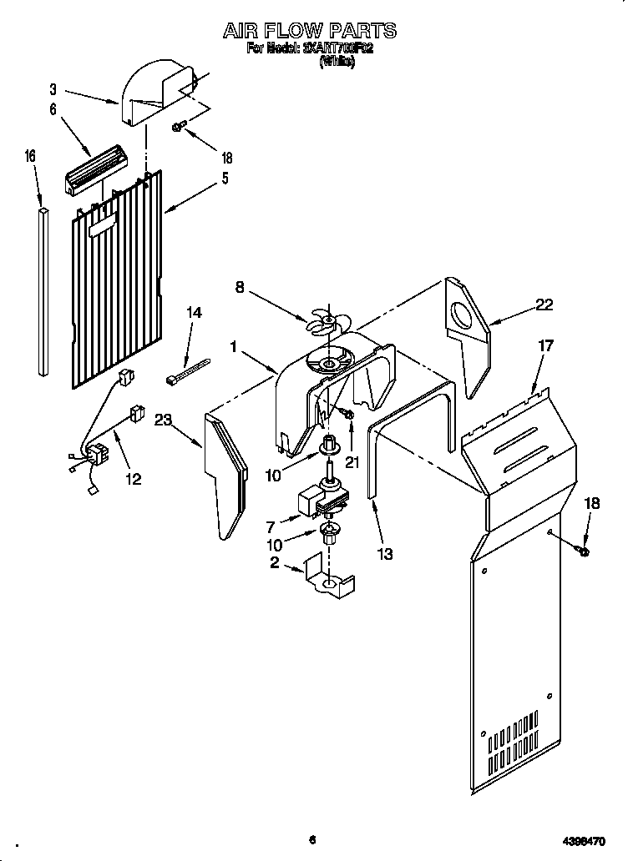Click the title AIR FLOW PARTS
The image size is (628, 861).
pyautogui.click(x=309, y=31)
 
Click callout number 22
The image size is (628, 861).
pyautogui.click(x=544, y=305)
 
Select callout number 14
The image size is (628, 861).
pyautogui.click(x=195, y=312)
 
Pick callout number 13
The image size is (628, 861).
pyautogui.click(x=384, y=554)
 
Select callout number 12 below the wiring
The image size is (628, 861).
pyautogui.click(x=133, y=479)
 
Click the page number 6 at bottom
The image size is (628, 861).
pyautogui.click(x=311, y=839)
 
